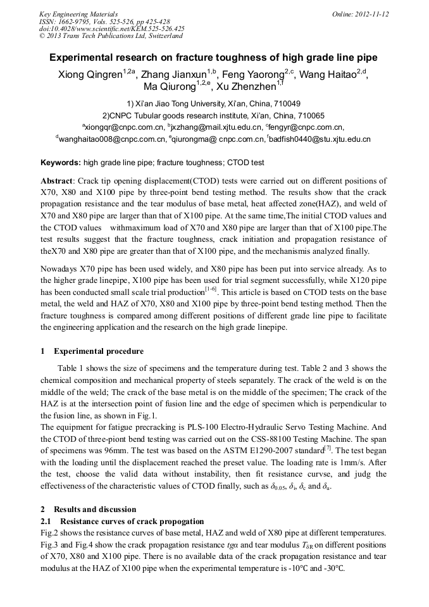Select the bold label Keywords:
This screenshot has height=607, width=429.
tap(61, 163)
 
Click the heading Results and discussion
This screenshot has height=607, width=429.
tap(95, 509)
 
